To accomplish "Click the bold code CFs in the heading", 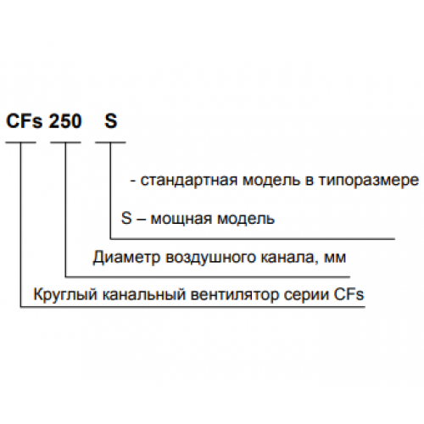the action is (x=25, y=121).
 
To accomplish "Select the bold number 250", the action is (x=65, y=121).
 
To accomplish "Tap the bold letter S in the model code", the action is (x=110, y=121).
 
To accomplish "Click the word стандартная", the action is (x=188, y=180).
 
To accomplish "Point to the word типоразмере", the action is (x=368, y=180).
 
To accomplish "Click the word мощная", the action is (x=181, y=219).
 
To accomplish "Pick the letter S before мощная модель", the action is (x=126, y=218).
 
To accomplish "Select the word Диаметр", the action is (x=126, y=257).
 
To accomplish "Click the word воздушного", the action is (x=210, y=257).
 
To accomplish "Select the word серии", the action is (x=306, y=294).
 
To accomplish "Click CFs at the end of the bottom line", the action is (x=349, y=294).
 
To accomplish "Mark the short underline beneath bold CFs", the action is (x=20, y=142).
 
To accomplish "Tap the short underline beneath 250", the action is (x=65, y=142).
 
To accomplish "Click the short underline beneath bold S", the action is (x=110, y=142).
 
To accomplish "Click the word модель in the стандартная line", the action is (x=271, y=181).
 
